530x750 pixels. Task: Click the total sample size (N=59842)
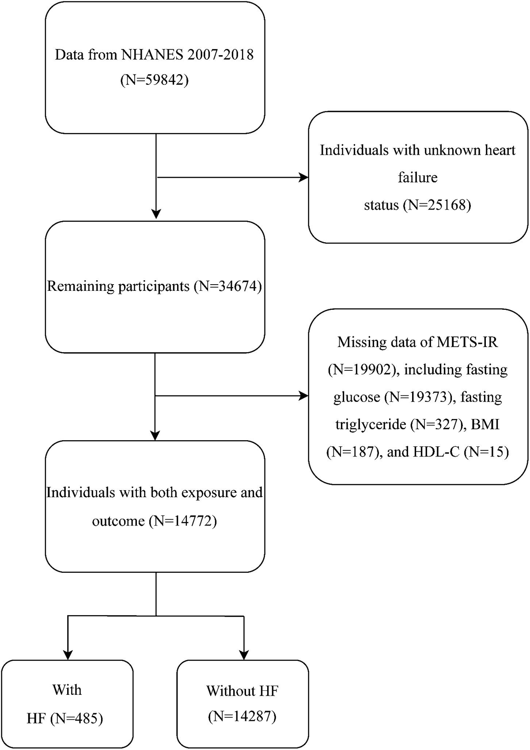point(155,80)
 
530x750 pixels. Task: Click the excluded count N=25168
point(437,205)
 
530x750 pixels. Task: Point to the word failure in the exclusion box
point(417,178)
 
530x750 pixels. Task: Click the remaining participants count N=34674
point(228,286)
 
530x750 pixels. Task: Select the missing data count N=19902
point(363,369)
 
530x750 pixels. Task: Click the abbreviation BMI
point(485,424)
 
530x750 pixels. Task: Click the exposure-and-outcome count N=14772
point(183,521)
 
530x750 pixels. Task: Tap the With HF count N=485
point(76,719)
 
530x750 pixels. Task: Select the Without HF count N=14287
point(242,716)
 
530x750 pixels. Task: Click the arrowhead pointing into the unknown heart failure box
point(304,178)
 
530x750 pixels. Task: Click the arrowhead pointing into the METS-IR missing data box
point(304,396)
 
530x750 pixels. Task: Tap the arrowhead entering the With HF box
point(68,655)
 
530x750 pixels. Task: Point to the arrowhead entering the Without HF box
point(243,655)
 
